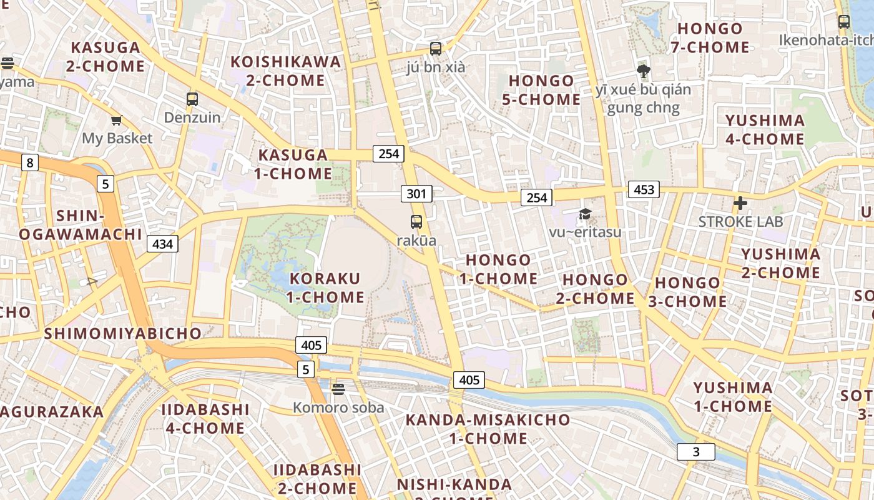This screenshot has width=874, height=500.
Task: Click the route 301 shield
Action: (x=416, y=194)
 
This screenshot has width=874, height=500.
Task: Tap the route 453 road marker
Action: (x=644, y=189)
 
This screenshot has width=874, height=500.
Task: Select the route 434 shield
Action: (x=162, y=244)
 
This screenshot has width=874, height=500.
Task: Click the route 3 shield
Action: (x=696, y=452)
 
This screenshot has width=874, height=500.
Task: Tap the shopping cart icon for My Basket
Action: (x=117, y=120)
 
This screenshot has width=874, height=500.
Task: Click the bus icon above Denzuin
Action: (x=192, y=99)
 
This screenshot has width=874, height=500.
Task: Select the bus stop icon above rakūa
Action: (x=416, y=221)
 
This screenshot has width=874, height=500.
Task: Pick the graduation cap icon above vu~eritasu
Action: (x=585, y=214)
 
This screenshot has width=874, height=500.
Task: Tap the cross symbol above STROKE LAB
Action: (x=740, y=203)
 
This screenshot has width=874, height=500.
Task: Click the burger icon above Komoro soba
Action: (x=338, y=389)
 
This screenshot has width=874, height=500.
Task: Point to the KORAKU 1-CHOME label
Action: (x=325, y=287)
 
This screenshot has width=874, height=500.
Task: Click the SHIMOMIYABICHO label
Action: (x=123, y=333)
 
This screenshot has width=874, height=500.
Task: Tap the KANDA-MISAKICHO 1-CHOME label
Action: (x=488, y=429)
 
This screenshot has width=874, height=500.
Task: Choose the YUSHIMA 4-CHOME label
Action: (x=765, y=129)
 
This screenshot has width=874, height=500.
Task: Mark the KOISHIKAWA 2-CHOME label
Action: (x=286, y=71)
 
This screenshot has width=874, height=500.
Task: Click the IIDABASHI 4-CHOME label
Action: (x=205, y=419)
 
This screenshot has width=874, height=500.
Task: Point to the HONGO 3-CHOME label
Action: (x=687, y=292)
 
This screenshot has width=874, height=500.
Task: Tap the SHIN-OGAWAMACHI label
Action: (x=81, y=225)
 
